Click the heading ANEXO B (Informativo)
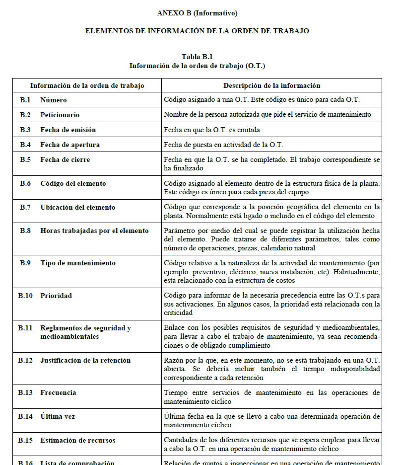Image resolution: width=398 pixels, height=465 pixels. (x=197, y=13)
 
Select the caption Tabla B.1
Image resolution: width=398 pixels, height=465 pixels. (x=198, y=57)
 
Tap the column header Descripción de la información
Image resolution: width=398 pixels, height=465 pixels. (x=271, y=85)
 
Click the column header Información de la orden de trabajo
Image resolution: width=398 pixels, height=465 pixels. (x=87, y=85)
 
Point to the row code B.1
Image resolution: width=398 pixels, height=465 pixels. (x=25, y=100)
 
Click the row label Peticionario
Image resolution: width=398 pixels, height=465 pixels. (x=60, y=115)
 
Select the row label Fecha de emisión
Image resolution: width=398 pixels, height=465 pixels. (x=68, y=130)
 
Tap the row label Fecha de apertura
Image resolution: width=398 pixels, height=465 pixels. (x=70, y=145)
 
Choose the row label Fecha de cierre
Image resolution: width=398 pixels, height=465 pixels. (x=65, y=159)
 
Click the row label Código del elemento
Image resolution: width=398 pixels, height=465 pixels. (x=73, y=183)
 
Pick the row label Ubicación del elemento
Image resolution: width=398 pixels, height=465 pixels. (x=77, y=207)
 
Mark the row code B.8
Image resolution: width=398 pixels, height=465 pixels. (x=25, y=231)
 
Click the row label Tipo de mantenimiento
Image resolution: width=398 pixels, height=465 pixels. (x=78, y=263)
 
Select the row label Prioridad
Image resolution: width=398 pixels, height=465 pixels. (x=56, y=296)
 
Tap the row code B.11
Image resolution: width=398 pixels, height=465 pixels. (x=25, y=328)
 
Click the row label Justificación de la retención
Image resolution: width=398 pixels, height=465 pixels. (x=85, y=360)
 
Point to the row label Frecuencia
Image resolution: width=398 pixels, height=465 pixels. (x=58, y=392)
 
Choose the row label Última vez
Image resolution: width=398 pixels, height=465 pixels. (x=58, y=416)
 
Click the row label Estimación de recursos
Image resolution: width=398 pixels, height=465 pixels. (x=77, y=440)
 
